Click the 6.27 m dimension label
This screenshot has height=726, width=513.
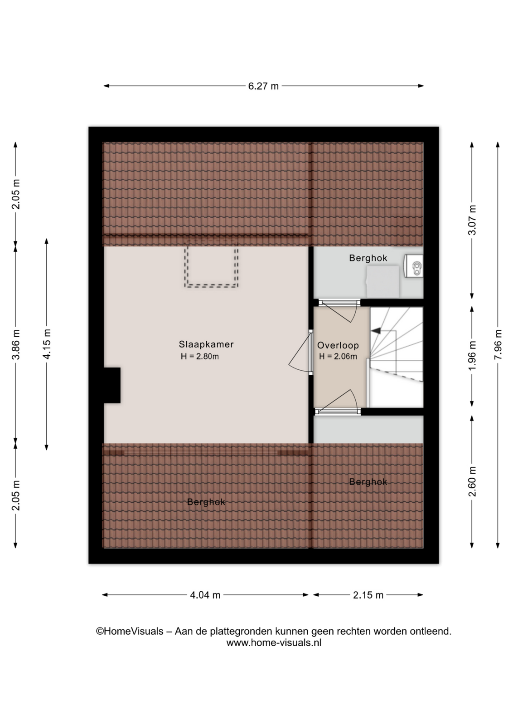tap(263, 86)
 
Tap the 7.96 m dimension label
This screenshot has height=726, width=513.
tap(498, 344)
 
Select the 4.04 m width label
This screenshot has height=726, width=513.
tap(205, 595)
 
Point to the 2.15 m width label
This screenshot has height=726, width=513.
tap(368, 595)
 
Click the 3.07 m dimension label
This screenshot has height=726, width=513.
tap(472, 220)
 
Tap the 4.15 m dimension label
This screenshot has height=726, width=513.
tap(47, 344)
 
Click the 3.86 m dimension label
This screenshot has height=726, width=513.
tap(16, 344)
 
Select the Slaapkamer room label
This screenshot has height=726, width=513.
tap(206, 344)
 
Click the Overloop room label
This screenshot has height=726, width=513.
tap(338, 345)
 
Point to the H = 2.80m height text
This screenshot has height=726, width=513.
tap(200, 357)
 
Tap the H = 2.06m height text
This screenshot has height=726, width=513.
tap(338, 357)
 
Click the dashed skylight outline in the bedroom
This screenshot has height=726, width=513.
tap(212, 286)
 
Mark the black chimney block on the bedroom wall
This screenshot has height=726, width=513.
tap(112, 385)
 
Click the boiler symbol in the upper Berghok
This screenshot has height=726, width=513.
tap(414, 266)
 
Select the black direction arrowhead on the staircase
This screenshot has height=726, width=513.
tap(376, 331)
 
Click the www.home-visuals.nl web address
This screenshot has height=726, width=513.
tap(274, 643)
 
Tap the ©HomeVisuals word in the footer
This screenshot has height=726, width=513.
tap(130, 631)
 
